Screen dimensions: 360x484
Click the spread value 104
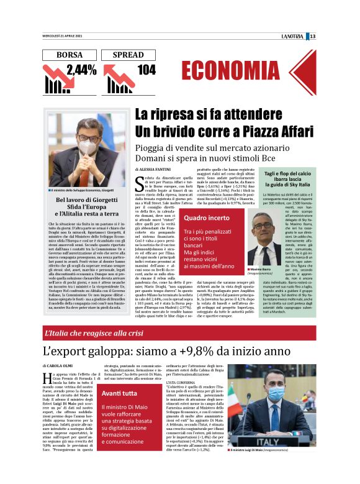[146, 70]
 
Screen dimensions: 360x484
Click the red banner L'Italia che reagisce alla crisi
[93, 332]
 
